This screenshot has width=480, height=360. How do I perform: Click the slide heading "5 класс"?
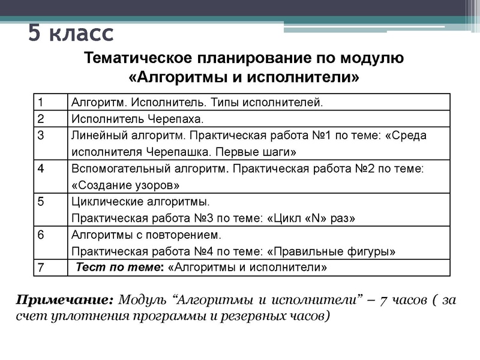click(71, 33)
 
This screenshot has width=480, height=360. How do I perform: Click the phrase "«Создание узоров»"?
click(125, 185)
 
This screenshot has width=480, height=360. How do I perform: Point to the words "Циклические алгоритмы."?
click(140, 202)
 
